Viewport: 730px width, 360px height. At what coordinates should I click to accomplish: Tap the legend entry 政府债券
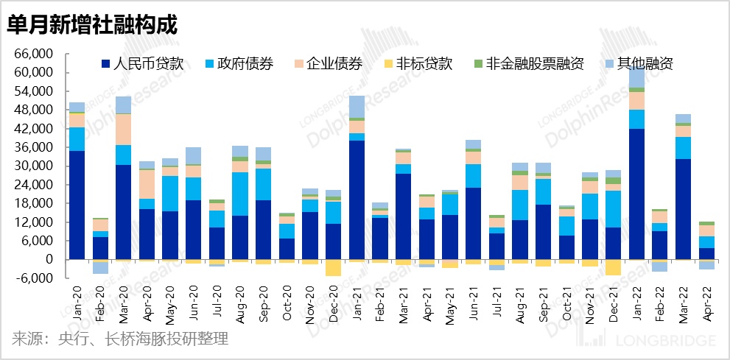(244, 63)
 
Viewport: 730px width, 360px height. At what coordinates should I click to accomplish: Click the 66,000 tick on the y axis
(35, 54)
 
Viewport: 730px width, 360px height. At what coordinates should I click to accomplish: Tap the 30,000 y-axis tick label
(35, 166)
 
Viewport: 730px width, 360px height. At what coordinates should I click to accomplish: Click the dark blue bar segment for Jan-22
(637, 194)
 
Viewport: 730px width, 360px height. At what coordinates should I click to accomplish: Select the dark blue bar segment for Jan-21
(357, 200)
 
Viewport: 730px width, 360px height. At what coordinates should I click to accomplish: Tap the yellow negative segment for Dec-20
(334, 267)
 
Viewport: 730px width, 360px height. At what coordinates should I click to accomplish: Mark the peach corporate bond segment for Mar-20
(124, 130)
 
